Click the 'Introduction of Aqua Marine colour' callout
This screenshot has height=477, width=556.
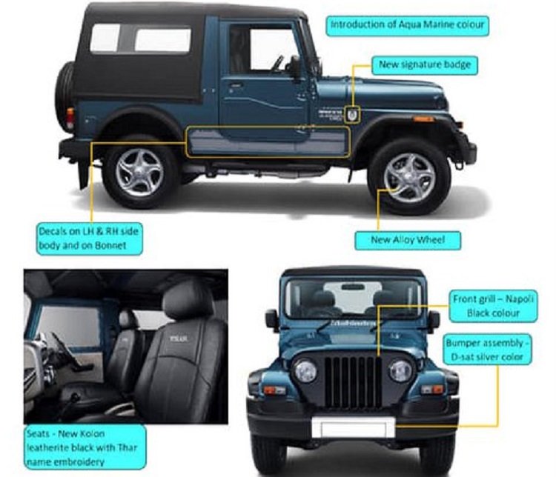click(407, 25)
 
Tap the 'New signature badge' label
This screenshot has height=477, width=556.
click(425, 65)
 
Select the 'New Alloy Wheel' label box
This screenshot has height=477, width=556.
click(408, 240)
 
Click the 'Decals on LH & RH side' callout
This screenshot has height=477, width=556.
click(90, 238)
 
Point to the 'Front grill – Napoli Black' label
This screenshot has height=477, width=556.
click(493, 306)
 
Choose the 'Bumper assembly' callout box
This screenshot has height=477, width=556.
click(488, 350)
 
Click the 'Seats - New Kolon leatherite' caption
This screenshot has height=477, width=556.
click(85, 447)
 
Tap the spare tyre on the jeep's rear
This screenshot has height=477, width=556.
click(64, 97)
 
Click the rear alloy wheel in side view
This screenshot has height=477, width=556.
click(139, 173)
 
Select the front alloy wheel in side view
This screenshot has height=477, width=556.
click(409, 178)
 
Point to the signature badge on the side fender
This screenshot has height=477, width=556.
click(351, 115)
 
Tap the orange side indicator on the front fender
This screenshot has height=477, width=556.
click(423, 119)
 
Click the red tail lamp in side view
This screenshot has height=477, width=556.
click(70, 117)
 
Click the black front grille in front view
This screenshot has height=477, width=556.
click(353, 381)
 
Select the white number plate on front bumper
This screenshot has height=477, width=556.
click(353, 427)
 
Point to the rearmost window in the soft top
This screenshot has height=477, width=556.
click(105, 38)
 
